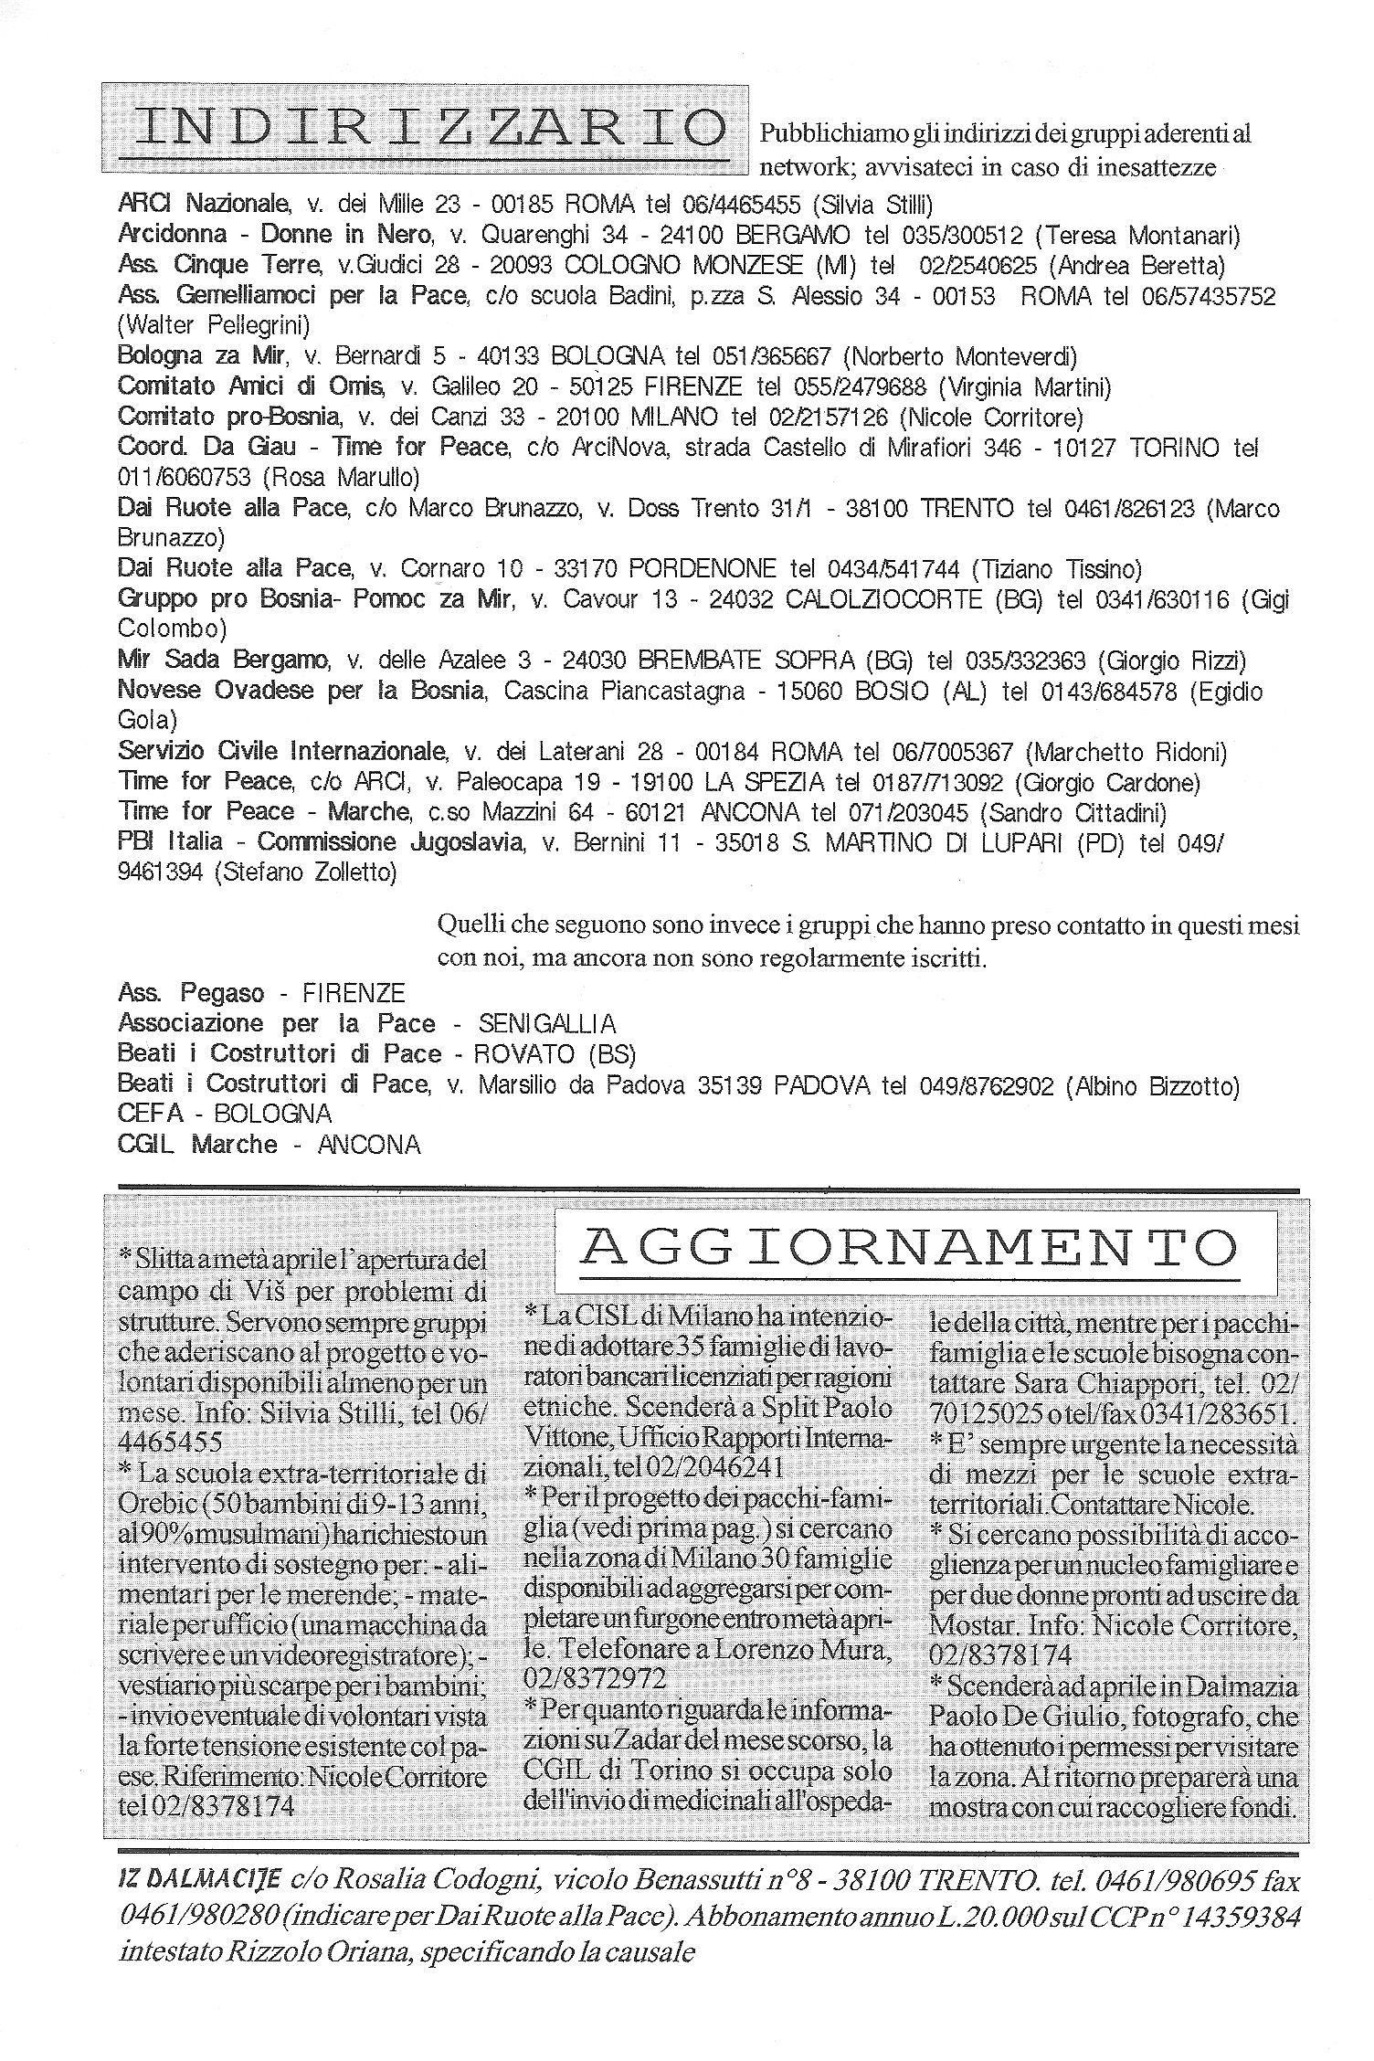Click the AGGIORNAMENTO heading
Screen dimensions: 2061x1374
click(908, 1247)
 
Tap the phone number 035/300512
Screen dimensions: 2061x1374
click(962, 235)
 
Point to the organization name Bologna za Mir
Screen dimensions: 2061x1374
click(202, 356)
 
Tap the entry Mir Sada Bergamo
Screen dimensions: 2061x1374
click(223, 661)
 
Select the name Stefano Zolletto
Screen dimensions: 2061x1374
click(307, 873)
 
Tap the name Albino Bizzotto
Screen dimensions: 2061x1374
click(1157, 1085)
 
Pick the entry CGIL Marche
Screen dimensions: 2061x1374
click(197, 1145)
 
